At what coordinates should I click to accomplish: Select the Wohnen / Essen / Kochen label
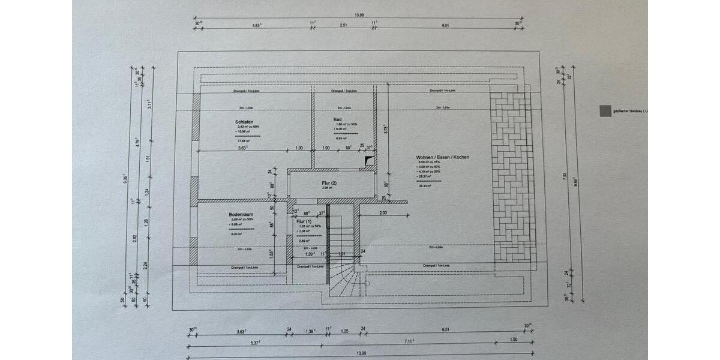pyautogui.click(x=442, y=157)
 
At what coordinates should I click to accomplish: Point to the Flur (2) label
pyautogui.click(x=329, y=182)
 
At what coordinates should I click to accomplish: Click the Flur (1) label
pyautogui.click(x=304, y=221)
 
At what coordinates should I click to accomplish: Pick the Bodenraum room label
pyautogui.click(x=240, y=215)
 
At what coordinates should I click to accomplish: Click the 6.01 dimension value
pyautogui.click(x=445, y=26)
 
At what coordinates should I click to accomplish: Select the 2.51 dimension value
pyautogui.click(x=343, y=26)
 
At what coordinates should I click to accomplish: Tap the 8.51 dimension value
pyautogui.click(x=445, y=331)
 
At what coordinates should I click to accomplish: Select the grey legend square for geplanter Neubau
pyautogui.click(x=605, y=110)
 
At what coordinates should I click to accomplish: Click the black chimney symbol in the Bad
pyautogui.click(x=368, y=160)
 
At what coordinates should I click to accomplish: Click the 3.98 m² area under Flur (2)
pyautogui.click(x=327, y=188)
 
